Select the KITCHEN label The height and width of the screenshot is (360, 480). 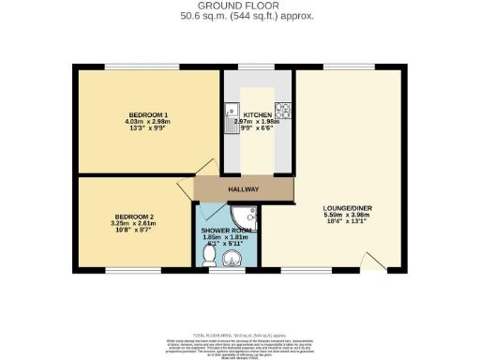pos(257,113)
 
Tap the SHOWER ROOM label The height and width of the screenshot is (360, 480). pos(228,231)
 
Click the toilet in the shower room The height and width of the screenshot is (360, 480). pos(209,253)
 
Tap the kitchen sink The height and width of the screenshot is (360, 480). pos(230,115)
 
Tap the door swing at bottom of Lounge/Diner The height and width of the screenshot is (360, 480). pos(373,261)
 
